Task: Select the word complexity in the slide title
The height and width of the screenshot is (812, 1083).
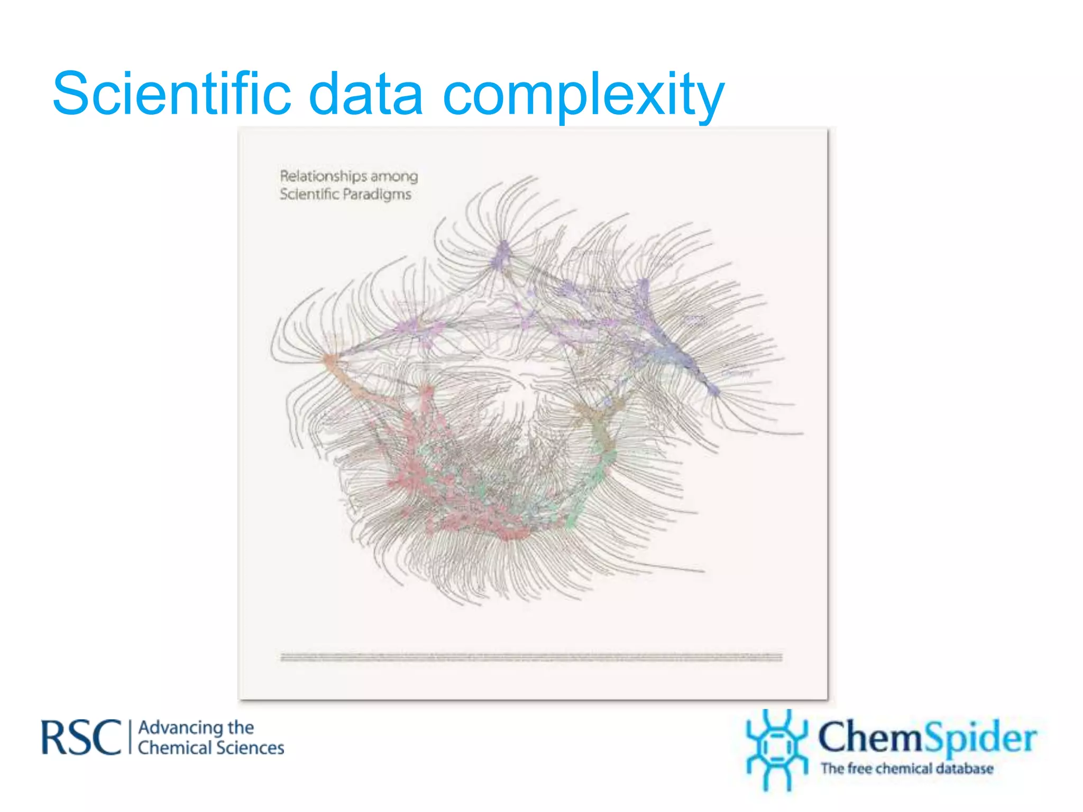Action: click(583, 95)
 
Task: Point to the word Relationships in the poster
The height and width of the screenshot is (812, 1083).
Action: click(323, 176)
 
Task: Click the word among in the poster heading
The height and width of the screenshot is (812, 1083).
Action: click(394, 177)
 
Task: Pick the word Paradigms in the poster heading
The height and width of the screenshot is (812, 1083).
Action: click(377, 195)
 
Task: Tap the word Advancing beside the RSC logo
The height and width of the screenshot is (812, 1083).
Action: click(180, 728)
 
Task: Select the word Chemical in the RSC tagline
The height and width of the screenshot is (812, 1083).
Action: click(174, 748)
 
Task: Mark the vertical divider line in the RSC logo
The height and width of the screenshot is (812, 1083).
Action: click(130, 737)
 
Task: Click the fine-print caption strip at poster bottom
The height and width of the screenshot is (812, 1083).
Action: click(531, 657)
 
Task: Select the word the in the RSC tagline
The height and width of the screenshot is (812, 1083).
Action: click(241, 728)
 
